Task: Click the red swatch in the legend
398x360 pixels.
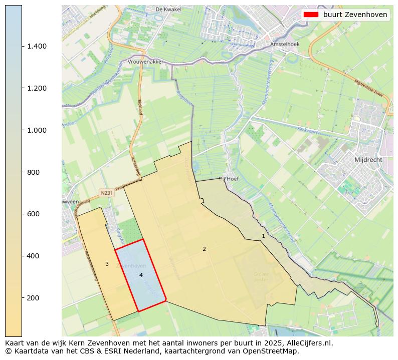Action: click(x=311, y=15)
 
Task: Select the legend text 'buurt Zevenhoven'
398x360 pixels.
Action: click(x=355, y=15)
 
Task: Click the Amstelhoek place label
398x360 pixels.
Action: click(x=284, y=44)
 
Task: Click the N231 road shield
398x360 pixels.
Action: click(x=106, y=193)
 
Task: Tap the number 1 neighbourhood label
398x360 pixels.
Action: click(x=263, y=235)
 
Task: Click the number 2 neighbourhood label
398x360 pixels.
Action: click(x=204, y=249)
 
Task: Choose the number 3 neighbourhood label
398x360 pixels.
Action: click(x=107, y=264)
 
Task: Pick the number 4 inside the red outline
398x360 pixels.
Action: click(x=141, y=275)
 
